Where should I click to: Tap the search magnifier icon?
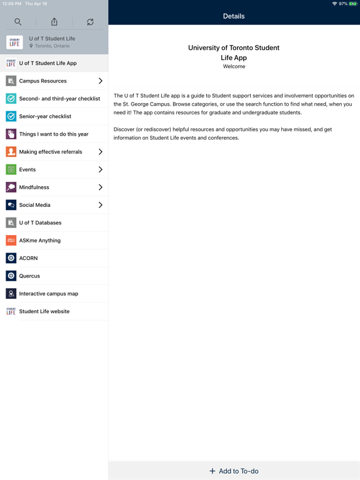(18, 22)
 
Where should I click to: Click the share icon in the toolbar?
(54, 22)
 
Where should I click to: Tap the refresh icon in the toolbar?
(90, 22)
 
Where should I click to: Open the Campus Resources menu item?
(43, 81)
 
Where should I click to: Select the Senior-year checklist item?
(45, 116)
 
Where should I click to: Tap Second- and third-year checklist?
(59, 99)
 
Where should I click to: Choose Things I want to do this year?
(54, 134)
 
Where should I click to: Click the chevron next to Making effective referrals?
(100, 152)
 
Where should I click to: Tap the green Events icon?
(11, 169)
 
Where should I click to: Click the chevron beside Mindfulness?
(100, 187)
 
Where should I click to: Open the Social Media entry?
(35, 205)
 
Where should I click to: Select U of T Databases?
(40, 222)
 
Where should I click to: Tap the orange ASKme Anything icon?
(11, 240)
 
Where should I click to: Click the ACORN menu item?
(29, 258)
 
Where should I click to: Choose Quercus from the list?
(29, 276)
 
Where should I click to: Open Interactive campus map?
(49, 293)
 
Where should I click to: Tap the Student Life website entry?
(44, 311)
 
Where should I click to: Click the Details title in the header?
(234, 16)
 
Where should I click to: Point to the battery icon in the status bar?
(353, 4)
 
